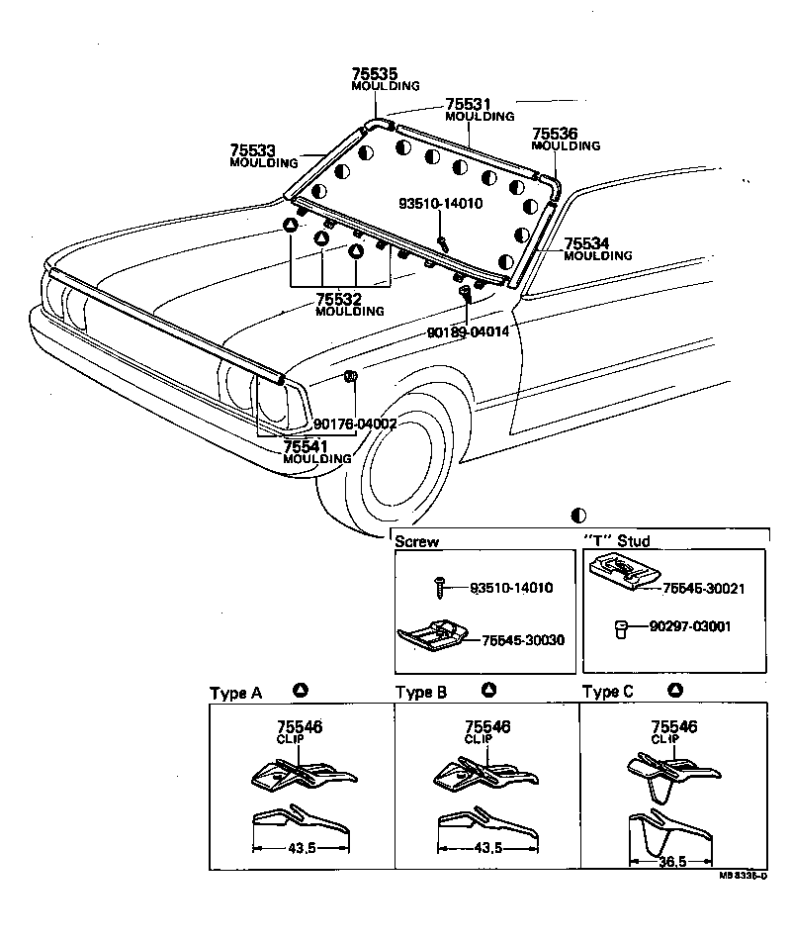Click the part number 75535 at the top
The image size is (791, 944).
pos(372,73)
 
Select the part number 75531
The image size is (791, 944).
pos(468,104)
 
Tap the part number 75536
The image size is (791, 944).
pos(555,134)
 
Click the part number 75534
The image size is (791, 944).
pos(587,243)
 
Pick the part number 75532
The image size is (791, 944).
pos(339,299)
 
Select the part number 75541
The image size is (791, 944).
pos(307,446)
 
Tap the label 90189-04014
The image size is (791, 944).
pos(468,332)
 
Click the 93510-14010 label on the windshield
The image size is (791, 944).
pos(440,205)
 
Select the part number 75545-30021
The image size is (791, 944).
pos(703,588)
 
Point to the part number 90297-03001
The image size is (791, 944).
pos(690,626)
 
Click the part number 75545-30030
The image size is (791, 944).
pos(523,640)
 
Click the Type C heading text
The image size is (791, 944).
pos(608,693)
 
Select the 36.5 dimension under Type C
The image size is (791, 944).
pos(671,861)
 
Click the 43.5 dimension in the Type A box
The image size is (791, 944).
pos(296,848)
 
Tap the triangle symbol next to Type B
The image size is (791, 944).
pos(488,691)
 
